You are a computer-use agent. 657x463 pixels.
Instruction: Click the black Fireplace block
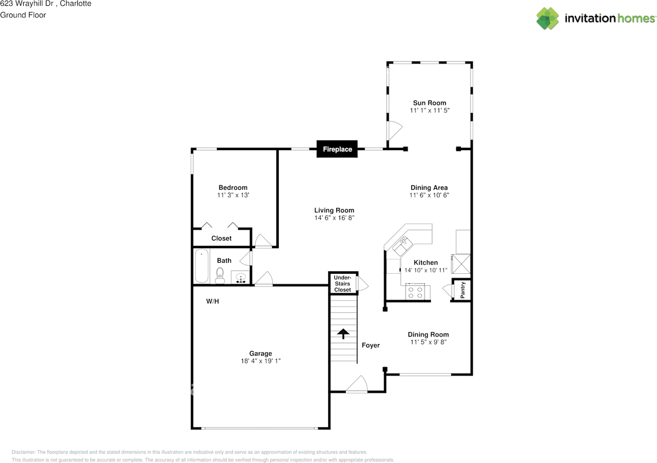(x=337, y=149)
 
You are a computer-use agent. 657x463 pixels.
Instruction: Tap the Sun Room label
(x=430, y=103)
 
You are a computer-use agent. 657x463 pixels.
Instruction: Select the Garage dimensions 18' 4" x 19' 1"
(x=261, y=361)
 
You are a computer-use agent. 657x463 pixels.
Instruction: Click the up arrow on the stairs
(x=343, y=333)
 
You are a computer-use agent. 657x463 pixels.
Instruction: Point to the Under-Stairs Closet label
(x=342, y=284)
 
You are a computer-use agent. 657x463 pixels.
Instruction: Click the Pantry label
(x=463, y=290)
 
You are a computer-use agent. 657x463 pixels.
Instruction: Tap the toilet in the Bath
(x=220, y=275)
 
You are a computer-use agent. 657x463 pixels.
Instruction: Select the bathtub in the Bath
(x=202, y=266)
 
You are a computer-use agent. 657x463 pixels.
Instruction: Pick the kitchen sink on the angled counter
(x=403, y=245)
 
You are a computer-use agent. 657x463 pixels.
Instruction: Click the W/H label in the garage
(x=212, y=301)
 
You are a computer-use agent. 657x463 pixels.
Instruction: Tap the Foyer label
(x=371, y=345)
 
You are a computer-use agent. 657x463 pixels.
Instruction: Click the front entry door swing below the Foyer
(x=357, y=385)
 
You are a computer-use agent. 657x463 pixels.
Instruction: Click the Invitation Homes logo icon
(x=548, y=18)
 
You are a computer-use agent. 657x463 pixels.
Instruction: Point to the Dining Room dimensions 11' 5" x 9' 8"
(x=428, y=342)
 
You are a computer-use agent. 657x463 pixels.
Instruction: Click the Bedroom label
(x=233, y=188)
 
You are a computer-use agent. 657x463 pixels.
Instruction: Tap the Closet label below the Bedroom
(x=221, y=238)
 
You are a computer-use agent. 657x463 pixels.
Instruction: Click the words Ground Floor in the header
(x=23, y=15)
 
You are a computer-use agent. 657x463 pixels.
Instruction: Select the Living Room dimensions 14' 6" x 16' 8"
(x=334, y=217)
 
